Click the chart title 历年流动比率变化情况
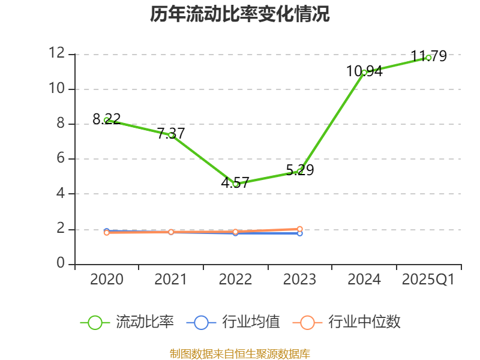(x=240, y=14)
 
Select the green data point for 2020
(x=107, y=120)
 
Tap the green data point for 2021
(x=171, y=135)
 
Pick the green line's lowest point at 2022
(x=236, y=184)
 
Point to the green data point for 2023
(x=300, y=171)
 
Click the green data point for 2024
(x=364, y=72)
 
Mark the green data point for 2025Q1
(x=428, y=58)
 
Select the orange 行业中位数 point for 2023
(x=300, y=229)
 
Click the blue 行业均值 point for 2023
(x=300, y=233)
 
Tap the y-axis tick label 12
(x=57, y=53)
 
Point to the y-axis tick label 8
(x=61, y=124)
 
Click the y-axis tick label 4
(x=61, y=194)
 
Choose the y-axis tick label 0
(x=61, y=264)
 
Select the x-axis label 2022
(x=235, y=280)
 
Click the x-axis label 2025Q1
(x=428, y=280)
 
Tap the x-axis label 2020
(x=107, y=280)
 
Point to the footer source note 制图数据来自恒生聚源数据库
(x=240, y=353)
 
